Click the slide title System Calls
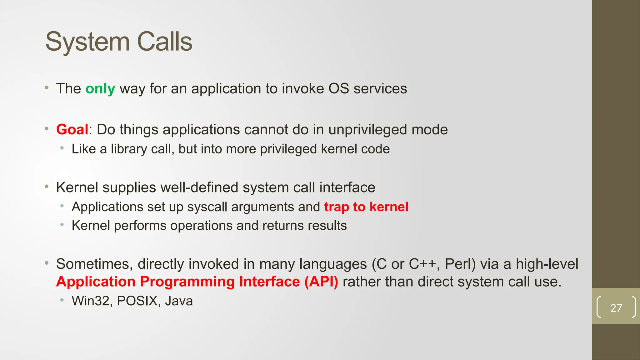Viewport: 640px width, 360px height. (119, 42)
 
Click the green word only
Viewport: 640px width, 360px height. (100, 89)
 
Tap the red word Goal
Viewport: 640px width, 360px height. (72, 129)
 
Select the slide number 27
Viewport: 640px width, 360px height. (616, 308)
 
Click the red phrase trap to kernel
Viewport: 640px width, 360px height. (366, 207)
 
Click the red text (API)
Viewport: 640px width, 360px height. (321, 282)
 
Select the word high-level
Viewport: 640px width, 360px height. (547, 264)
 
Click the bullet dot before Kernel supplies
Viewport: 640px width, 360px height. (47, 187)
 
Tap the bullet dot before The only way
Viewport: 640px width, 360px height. (47, 88)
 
